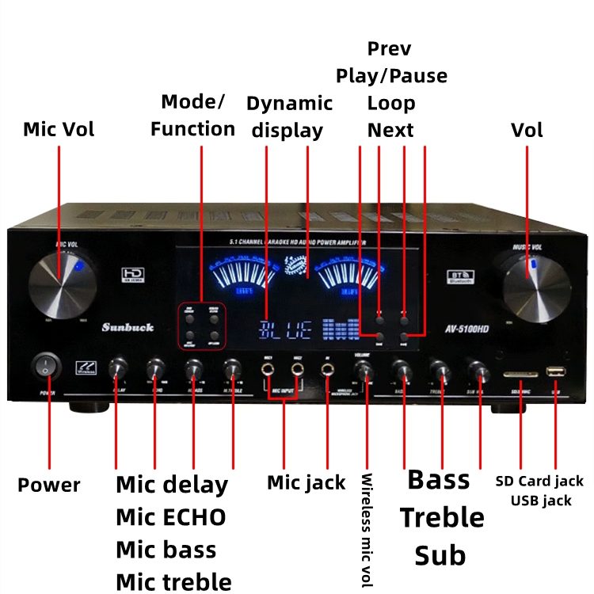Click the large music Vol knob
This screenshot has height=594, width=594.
537,284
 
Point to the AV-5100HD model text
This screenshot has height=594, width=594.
465,328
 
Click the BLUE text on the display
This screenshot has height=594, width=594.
286,329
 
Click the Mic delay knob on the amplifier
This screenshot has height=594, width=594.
118,367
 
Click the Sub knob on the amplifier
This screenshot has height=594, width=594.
478,370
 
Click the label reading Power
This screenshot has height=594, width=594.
49,485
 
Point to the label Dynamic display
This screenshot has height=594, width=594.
289,116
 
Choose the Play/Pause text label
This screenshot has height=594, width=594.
391,76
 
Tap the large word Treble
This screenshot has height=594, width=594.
441,517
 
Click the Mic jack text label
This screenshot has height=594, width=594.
306,482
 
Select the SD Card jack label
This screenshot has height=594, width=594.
539,481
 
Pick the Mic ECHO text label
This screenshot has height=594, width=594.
170,517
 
